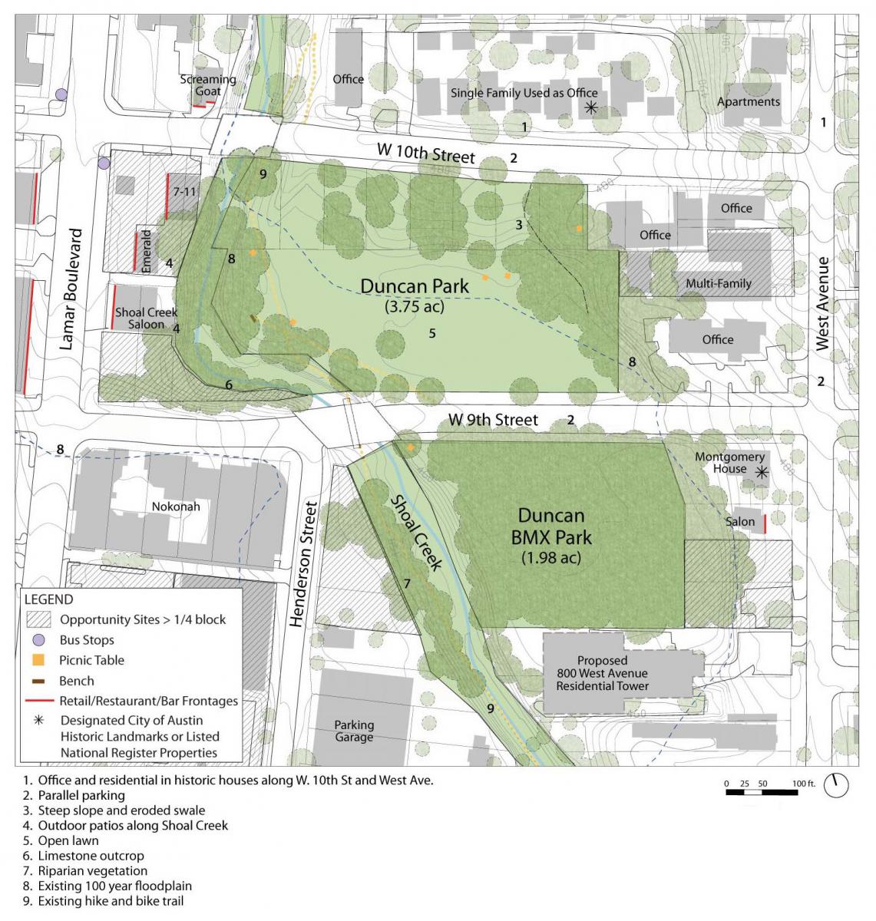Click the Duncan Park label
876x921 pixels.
[x=415, y=287]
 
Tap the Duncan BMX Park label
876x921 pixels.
[x=550, y=526]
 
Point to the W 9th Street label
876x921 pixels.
[x=494, y=420]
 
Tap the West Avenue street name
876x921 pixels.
[x=823, y=304]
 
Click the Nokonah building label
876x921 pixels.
[x=176, y=507]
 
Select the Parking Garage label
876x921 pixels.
[x=354, y=731]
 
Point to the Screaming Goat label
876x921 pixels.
[x=208, y=85]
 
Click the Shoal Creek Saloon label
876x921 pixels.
[x=146, y=319]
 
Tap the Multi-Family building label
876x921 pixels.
[x=719, y=283]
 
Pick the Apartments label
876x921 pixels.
[x=748, y=101]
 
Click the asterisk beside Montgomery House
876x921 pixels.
[x=761, y=473]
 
